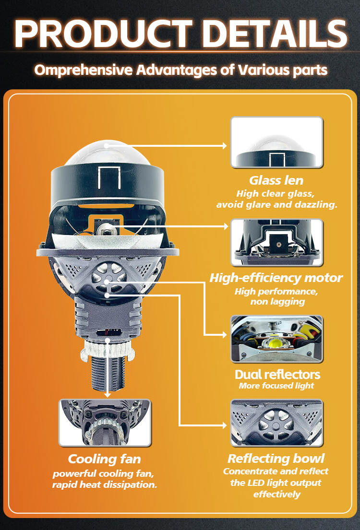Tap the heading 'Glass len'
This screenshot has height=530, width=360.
(276, 180)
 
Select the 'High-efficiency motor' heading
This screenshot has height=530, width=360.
(276, 278)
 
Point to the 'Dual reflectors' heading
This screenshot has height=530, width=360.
(277, 375)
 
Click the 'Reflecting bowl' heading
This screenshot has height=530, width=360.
(276, 459)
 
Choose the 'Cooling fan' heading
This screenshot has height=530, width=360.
(104, 459)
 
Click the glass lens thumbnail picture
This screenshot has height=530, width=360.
(277, 142)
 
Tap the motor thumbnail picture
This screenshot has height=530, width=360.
(277, 242)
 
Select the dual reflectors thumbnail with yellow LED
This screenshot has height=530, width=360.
(277, 339)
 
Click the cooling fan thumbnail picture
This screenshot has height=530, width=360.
(105, 423)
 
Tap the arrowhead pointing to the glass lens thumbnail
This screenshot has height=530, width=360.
(224, 146)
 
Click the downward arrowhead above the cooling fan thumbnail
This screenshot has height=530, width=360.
(108, 395)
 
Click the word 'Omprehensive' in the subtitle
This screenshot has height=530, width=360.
(84, 71)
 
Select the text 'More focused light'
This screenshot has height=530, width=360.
(276, 386)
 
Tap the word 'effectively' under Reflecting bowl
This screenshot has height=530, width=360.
(277, 494)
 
